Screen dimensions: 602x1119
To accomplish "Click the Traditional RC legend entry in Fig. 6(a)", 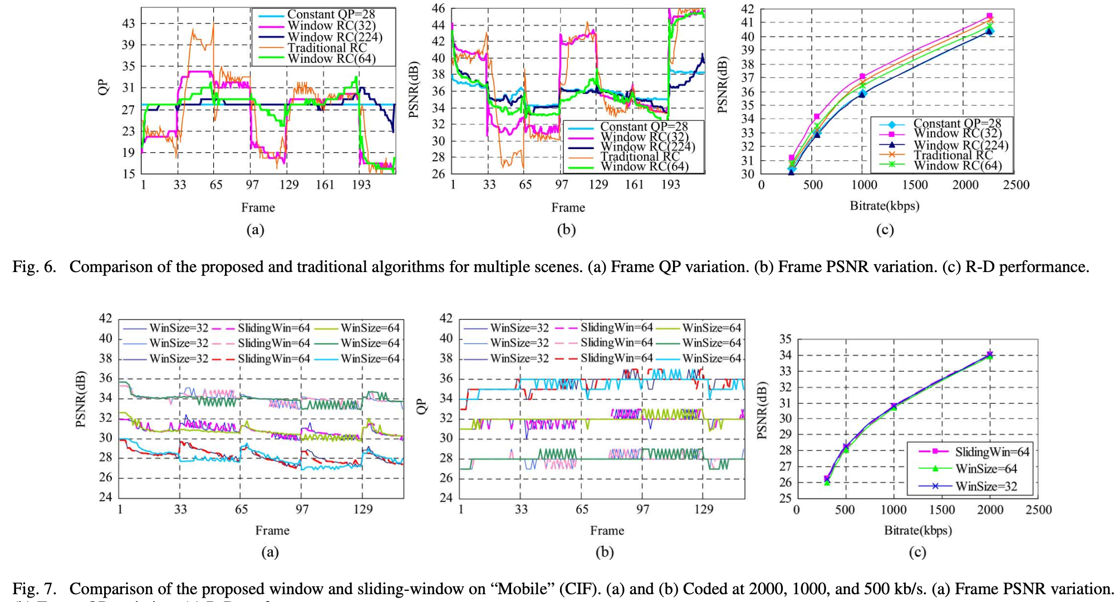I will [327, 48].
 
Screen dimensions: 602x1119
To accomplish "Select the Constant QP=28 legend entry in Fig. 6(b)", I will [644, 127].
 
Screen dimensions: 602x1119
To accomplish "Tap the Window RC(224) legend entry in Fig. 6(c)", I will [960, 145].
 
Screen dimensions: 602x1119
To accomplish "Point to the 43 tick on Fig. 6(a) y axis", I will [128, 23].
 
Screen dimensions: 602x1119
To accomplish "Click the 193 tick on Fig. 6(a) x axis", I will [361, 185].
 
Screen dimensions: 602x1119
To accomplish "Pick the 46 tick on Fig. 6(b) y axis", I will [439, 8].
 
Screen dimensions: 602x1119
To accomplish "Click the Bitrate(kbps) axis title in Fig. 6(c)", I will [885, 206].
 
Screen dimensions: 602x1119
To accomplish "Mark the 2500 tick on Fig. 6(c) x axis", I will [1016, 185].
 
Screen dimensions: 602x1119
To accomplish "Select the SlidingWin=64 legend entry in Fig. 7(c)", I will [992, 452].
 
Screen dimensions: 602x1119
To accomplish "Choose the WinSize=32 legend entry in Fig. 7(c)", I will [986, 486].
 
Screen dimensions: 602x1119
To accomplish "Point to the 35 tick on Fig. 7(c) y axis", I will [785, 339].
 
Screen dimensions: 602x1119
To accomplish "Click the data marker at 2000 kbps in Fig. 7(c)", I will [990, 354].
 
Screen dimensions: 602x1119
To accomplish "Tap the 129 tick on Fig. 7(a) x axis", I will [363, 509].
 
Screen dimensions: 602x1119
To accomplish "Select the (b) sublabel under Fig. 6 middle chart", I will [567, 230].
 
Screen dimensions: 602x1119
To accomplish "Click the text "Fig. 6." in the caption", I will [35, 267].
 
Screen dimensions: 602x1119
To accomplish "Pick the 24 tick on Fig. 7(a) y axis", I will [105, 497].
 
